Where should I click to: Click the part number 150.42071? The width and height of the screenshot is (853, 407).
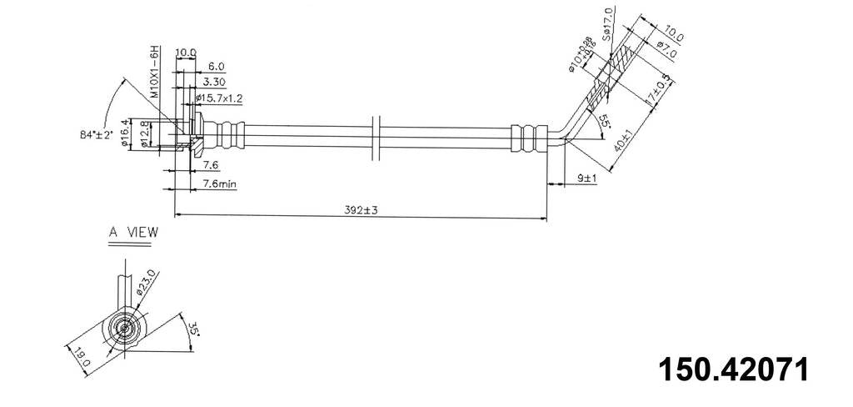(733, 369)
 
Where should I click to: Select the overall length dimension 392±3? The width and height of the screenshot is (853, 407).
(360, 210)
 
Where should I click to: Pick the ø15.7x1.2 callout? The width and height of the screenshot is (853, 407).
(219, 98)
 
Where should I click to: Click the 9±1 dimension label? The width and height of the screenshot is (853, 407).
(586, 178)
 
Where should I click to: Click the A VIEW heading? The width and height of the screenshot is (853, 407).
(132, 233)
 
